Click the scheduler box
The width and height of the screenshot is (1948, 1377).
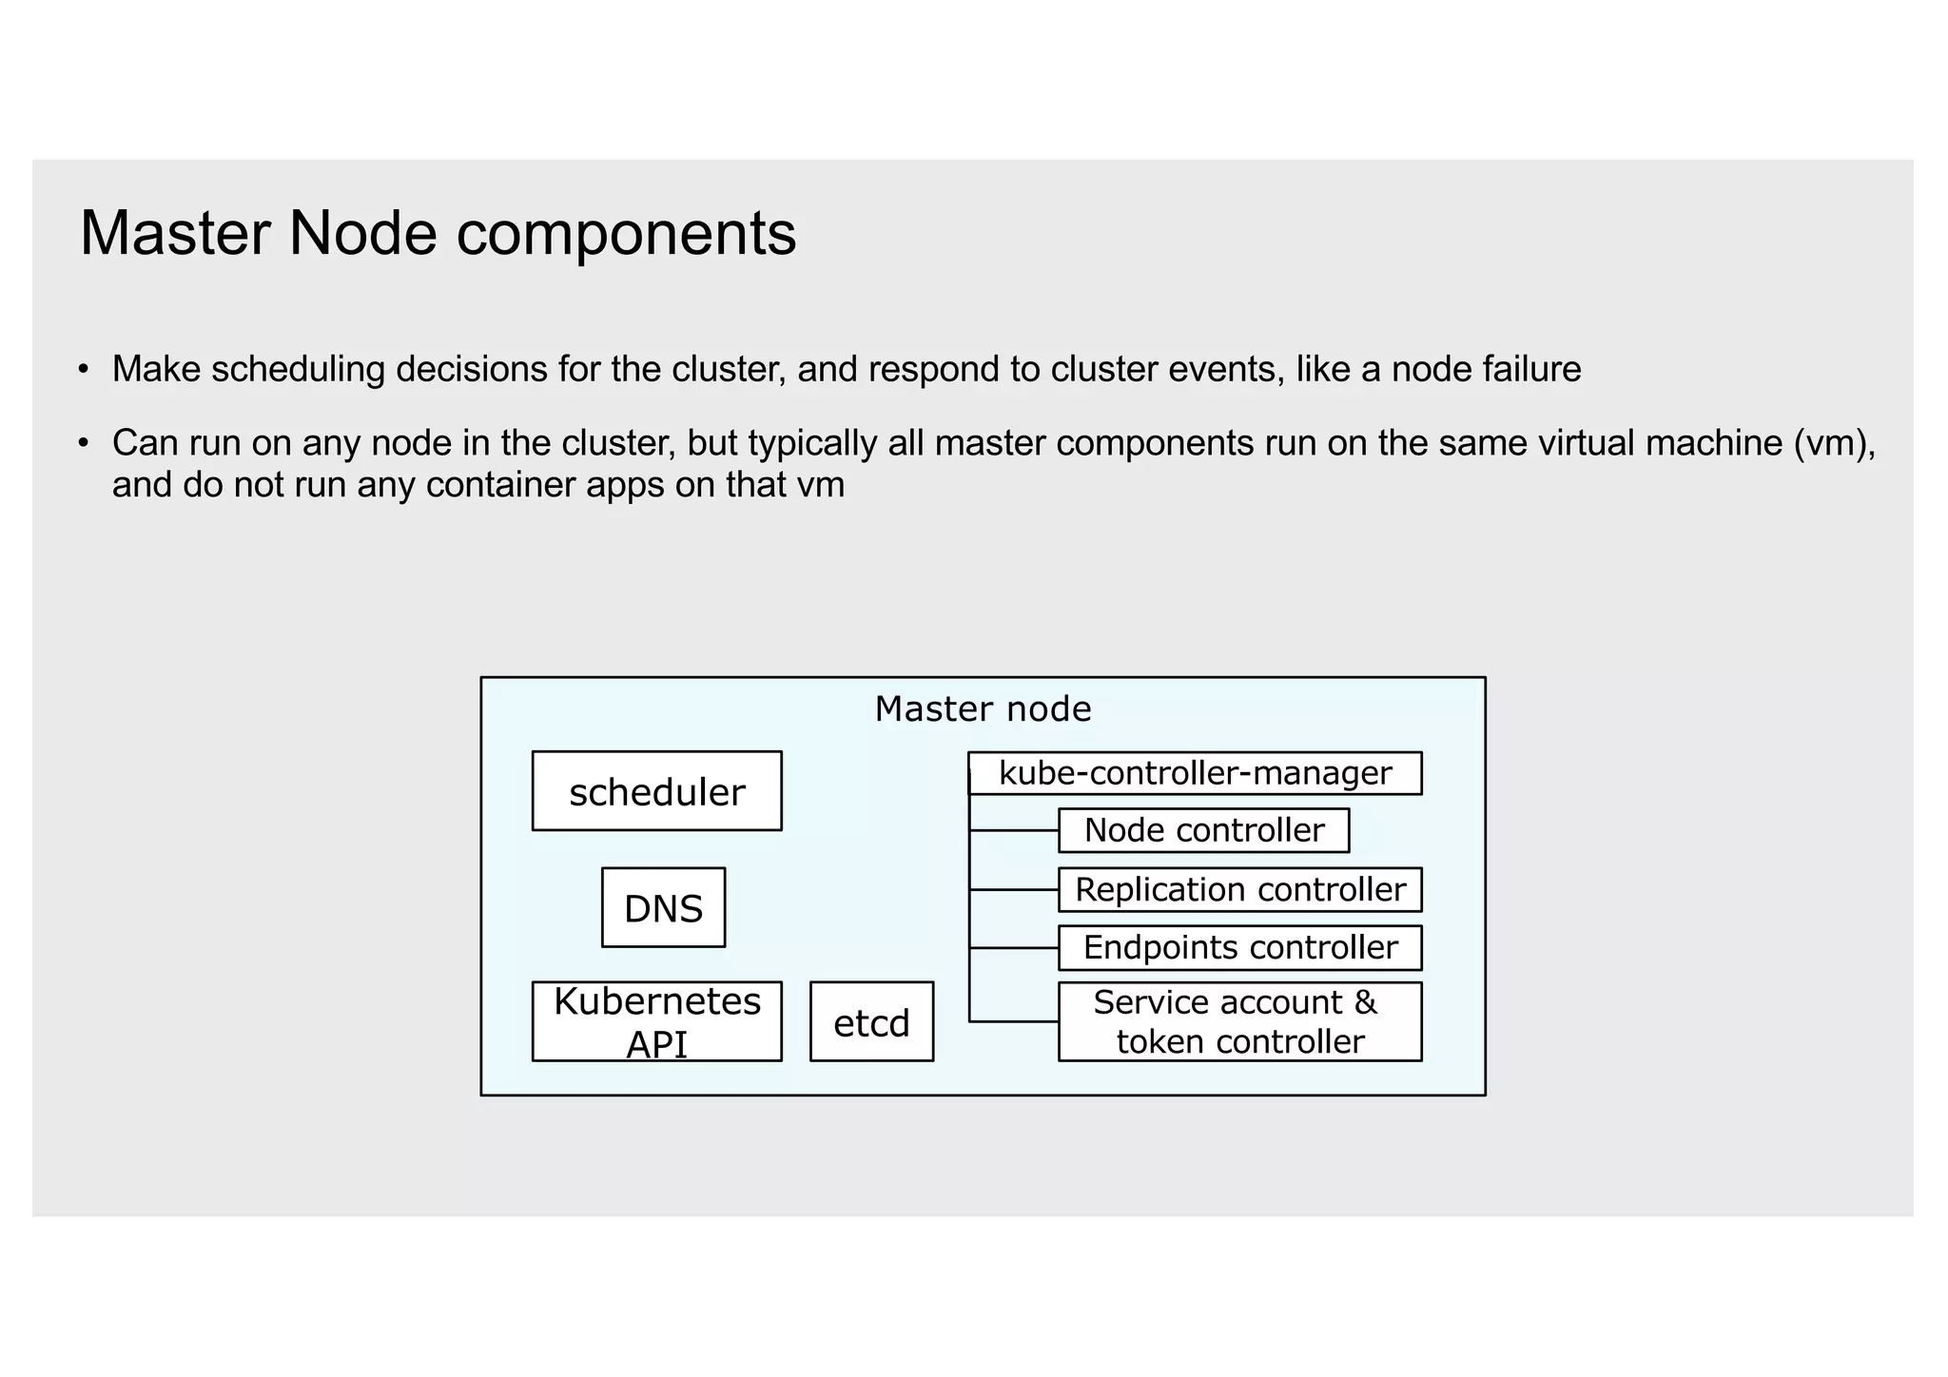pyautogui.click(x=656, y=791)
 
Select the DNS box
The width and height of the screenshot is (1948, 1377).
pyautogui.click(x=663, y=907)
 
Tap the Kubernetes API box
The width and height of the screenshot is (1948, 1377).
pyautogui.click(x=656, y=1021)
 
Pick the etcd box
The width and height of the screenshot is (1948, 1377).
pyautogui.click(x=871, y=1021)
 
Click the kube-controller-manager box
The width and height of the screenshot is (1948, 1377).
pyautogui.click(x=1195, y=773)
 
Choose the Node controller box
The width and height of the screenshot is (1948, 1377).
pyautogui.click(x=1203, y=830)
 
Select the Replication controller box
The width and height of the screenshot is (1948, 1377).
pyautogui.click(x=1239, y=890)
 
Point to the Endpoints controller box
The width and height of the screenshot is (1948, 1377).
pyautogui.click(x=1239, y=948)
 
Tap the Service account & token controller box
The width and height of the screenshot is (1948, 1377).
pyautogui.click(x=1239, y=1021)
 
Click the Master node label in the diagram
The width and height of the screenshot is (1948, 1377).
pyautogui.click(x=983, y=709)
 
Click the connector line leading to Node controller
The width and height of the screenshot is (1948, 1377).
pyautogui.click(x=1014, y=830)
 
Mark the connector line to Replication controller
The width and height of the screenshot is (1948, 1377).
pyautogui.click(x=1014, y=890)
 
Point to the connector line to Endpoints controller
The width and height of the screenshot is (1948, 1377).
pyautogui.click(x=1014, y=948)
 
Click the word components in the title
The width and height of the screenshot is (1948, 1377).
pyautogui.click(x=626, y=234)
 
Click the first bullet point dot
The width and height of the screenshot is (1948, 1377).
pyautogui.click(x=85, y=369)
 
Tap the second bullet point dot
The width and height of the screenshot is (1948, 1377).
pyautogui.click(x=85, y=443)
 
